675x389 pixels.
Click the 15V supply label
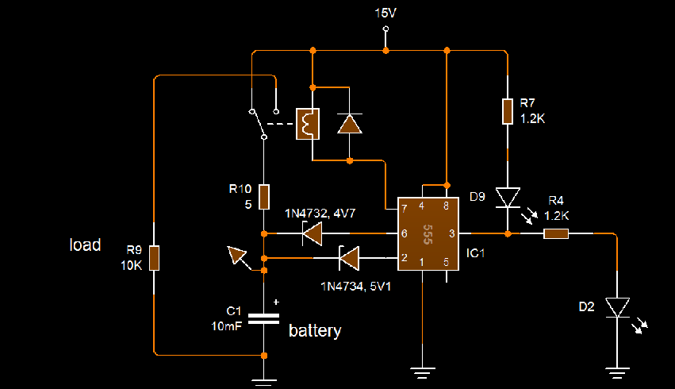point(385,13)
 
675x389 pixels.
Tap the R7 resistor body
point(508,112)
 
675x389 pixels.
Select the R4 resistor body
point(556,233)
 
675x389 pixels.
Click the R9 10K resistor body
point(154,258)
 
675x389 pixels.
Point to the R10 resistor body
point(264,197)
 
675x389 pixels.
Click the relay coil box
point(308,124)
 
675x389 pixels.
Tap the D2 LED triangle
point(617,307)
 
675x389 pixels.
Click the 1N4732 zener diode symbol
point(313,233)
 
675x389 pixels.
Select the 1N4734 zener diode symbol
point(349,258)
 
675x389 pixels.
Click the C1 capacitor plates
point(264,318)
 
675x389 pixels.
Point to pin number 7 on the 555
point(405,209)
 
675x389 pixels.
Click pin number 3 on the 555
point(451,233)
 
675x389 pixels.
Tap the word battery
point(315,331)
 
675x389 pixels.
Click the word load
point(85,245)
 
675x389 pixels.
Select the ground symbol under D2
point(617,373)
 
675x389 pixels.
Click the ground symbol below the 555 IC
point(422,373)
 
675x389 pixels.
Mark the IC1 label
point(475,253)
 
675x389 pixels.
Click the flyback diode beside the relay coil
point(350,124)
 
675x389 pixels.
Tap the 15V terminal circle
point(385,29)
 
